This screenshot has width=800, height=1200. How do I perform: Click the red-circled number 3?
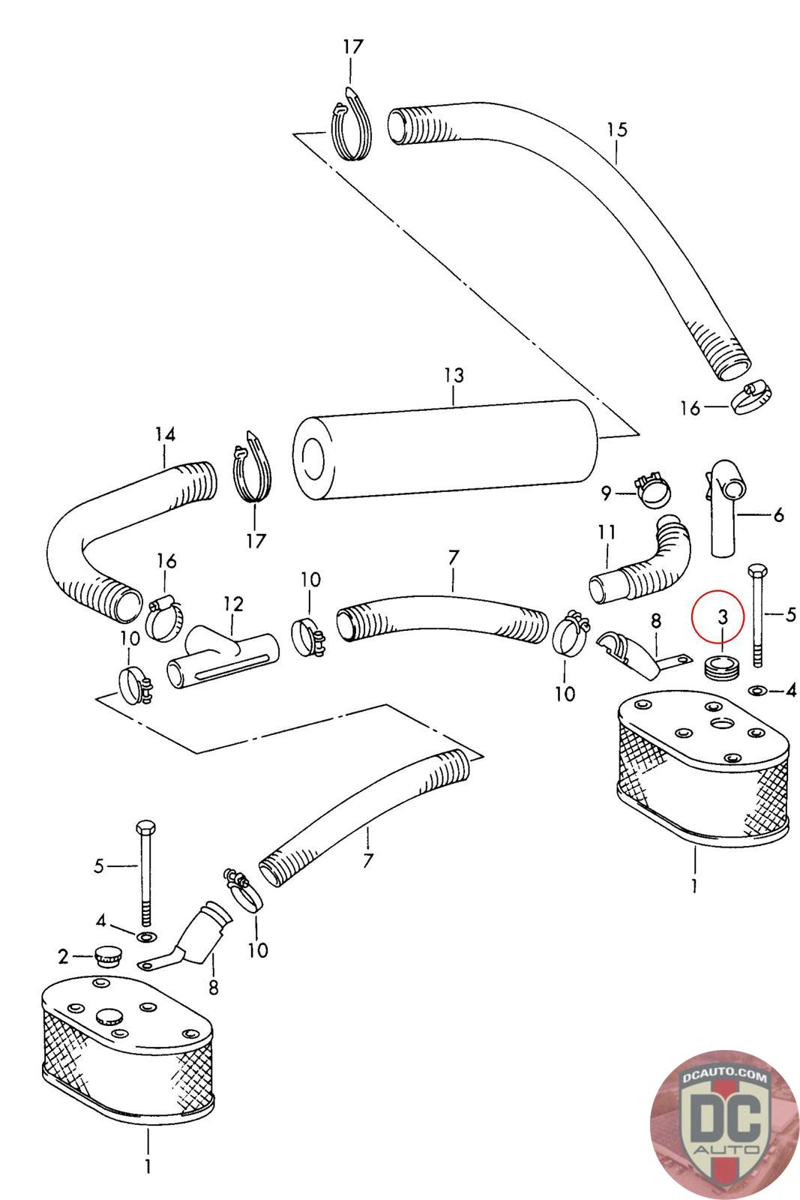[x=722, y=616]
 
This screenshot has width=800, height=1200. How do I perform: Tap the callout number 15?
[x=616, y=129]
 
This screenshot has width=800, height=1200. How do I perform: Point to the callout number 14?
[x=165, y=433]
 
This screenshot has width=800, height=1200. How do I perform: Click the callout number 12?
[x=233, y=604]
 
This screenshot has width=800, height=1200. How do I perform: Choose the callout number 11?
[x=607, y=532]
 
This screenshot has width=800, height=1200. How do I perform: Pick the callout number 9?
[x=606, y=493]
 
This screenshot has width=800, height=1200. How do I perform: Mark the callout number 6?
[x=778, y=514]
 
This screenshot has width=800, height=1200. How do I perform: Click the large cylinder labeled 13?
[x=445, y=449]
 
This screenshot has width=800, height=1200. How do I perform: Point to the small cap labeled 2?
[x=106, y=956]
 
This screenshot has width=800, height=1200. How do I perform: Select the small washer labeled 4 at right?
[x=757, y=691]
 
